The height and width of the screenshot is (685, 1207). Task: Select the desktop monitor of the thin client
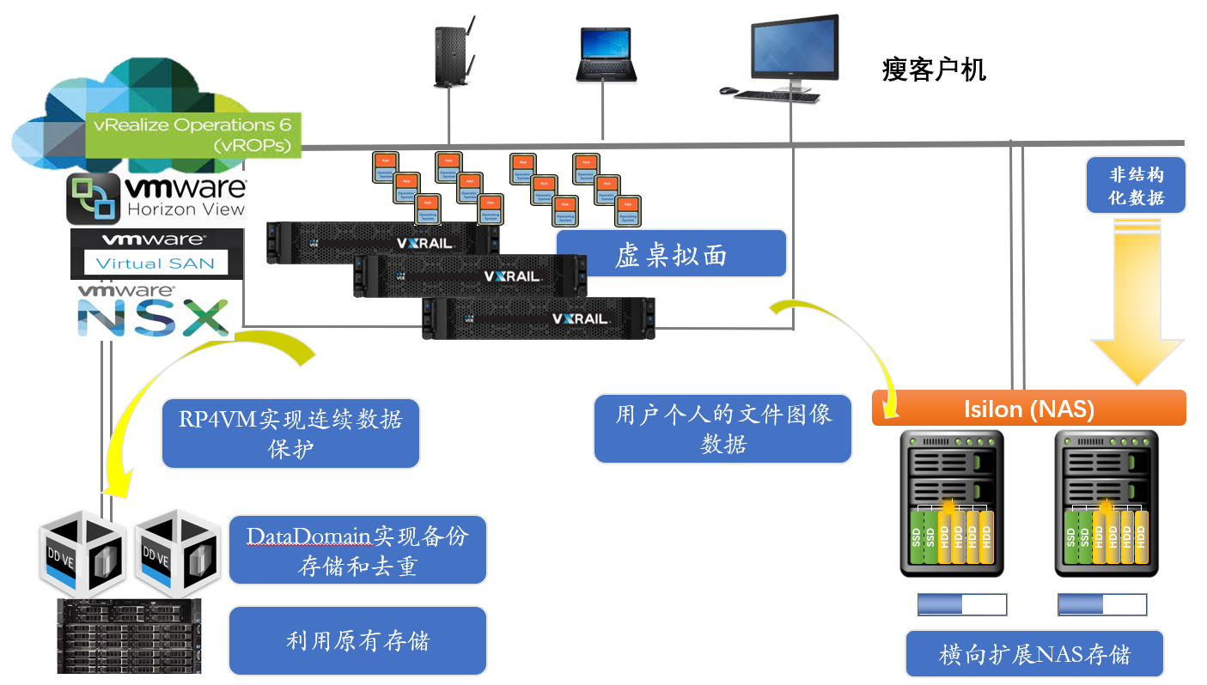(x=794, y=50)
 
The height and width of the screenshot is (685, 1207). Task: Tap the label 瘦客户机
(x=934, y=70)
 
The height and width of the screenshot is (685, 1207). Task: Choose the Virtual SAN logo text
(x=155, y=263)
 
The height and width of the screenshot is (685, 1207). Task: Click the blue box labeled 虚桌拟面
(x=671, y=253)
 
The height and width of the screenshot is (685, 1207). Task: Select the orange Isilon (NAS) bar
(x=1029, y=409)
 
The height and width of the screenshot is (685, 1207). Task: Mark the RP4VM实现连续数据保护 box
(x=290, y=433)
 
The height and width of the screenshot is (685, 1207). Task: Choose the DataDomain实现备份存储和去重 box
(x=357, y=550)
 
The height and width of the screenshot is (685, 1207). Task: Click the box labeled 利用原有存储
(x=357, y=640)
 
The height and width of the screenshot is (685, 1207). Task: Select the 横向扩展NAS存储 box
(x=1034, y=654)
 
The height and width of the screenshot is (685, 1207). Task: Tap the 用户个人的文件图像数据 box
(x=722, y=428)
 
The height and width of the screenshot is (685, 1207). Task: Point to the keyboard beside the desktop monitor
(x=776, y=96)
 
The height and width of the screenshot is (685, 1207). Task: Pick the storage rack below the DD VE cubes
(x=129, y=635)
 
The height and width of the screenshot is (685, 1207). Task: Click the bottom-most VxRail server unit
(x=538, y=318)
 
